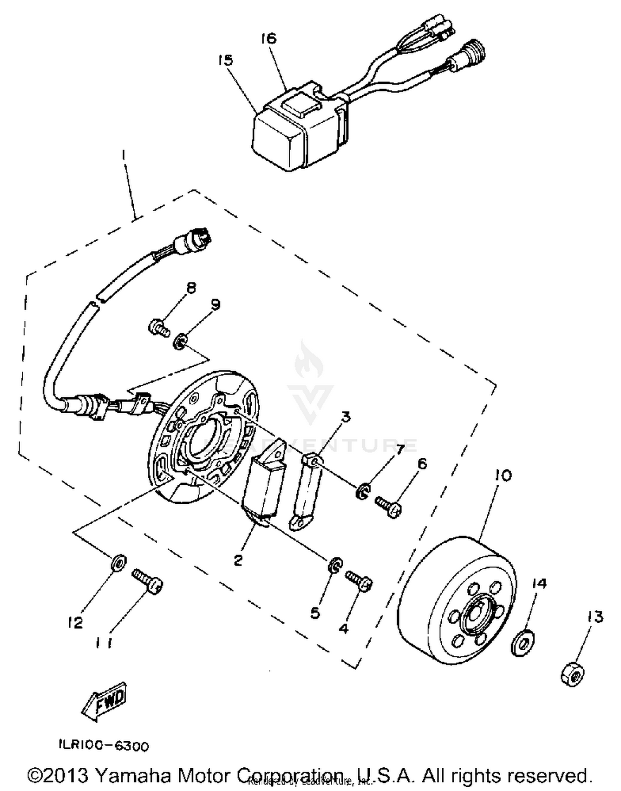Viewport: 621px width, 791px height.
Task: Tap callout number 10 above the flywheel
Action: coord(503,475)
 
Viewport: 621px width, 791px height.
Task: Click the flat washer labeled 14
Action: coord(523,643)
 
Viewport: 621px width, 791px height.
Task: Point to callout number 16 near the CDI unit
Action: coord(268,39)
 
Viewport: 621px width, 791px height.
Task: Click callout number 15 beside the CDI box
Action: coord(226,60)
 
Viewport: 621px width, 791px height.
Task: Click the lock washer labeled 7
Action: coord(362,491)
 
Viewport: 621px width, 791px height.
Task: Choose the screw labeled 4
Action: coord(359,580)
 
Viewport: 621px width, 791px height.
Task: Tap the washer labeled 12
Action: coord(118,563)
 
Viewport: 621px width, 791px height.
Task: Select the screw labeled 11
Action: coord(147,582)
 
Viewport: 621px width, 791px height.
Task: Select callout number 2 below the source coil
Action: coord(238,561)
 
